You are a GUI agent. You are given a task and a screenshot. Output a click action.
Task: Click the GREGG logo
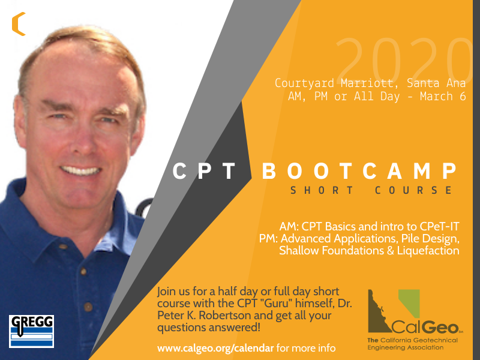pyautogui.click(x=32, y=331)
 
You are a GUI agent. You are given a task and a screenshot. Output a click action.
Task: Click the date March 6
pyautogui.click(x=443, y=96)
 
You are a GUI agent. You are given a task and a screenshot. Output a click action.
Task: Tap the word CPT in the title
pyautogui.click(x=204, y=171)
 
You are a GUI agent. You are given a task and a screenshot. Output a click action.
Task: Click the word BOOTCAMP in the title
pyautogui.click(x=359, y=171)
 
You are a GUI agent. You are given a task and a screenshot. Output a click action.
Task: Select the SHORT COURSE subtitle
pyautogui.click(x=371, y=190)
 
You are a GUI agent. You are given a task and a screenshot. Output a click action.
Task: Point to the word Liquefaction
pyautogui.click(x=428, y=251)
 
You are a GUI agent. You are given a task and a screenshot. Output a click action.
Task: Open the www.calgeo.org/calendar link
pyautogui.click(x=215, y=349)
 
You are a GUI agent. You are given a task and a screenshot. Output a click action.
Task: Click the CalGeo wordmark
pyautogui.click(x=425, y=328)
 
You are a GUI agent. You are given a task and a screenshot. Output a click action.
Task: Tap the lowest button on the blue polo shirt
pyautogui.click(x=88, y=307)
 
